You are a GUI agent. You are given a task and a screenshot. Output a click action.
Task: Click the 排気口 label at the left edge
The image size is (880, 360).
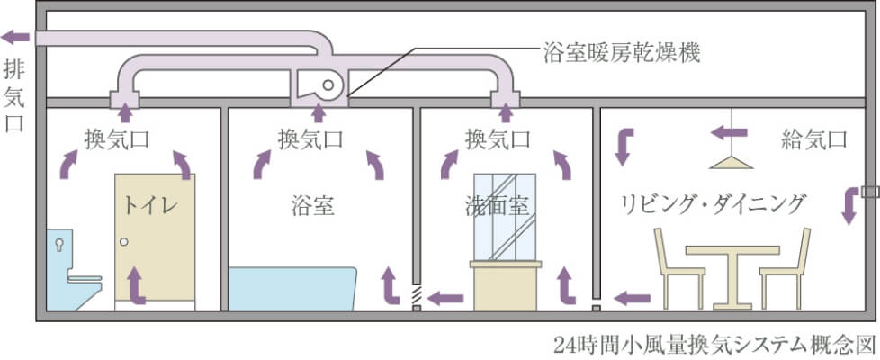(x=15, y=94)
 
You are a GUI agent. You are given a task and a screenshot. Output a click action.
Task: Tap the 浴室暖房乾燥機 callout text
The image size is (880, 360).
(x=621, y=51)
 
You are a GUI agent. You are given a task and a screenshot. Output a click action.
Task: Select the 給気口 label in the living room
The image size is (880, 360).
(x=814, y=139)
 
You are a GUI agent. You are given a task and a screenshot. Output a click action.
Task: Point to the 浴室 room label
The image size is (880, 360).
(x=313, y=206)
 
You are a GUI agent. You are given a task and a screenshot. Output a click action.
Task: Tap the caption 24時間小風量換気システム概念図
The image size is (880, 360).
(x=715, y=345)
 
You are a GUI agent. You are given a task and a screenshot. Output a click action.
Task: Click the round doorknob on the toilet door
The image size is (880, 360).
(x=125, y=241)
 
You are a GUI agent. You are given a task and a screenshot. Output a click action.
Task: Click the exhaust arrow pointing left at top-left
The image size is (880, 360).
(x=15, y=37)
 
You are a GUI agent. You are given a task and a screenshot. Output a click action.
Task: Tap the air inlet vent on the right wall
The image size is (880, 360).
(x=868, y=192)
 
